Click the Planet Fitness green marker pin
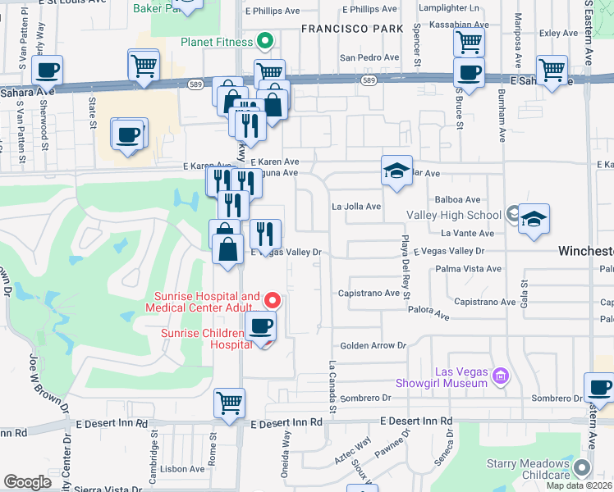tap(264, 40)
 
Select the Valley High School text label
tap(454, 216)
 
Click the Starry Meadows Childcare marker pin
tap(582, 468)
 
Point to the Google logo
tap(27, 482)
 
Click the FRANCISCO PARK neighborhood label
tap(352, 28)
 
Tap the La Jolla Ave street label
tap(356, 207)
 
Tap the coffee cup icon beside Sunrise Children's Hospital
tap(261, 326)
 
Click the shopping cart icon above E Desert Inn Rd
tap(229, 403)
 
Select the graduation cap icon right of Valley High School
tap(534, 218)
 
